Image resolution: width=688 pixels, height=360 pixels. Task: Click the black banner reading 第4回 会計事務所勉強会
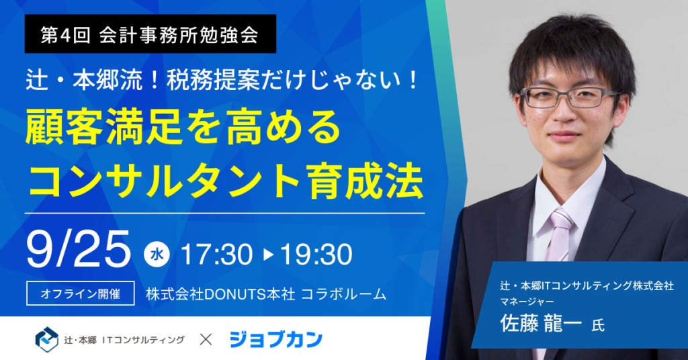click(150, 34)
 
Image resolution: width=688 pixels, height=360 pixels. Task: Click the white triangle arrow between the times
click(269, 255)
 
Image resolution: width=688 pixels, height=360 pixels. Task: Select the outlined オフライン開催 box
click(81, 294)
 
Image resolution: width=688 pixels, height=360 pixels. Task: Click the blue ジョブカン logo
click(275, 339)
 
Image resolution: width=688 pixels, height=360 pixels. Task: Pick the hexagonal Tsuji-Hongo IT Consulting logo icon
click(46, 339)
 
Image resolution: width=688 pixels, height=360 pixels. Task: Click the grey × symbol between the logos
click(206, 339)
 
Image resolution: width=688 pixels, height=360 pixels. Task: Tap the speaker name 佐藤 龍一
click(541, 324)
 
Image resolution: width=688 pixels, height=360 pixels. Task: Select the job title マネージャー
click(527, 302)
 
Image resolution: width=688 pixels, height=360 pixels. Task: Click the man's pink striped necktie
click(558, 237)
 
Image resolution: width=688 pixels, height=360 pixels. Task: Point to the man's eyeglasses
click(570, 97)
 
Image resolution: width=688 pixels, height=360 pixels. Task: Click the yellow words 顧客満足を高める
click(183, 128)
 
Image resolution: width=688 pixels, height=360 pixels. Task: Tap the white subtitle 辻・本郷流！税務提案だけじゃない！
click(222, 81)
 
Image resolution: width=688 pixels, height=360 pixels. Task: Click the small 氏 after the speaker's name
click(598, 325)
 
